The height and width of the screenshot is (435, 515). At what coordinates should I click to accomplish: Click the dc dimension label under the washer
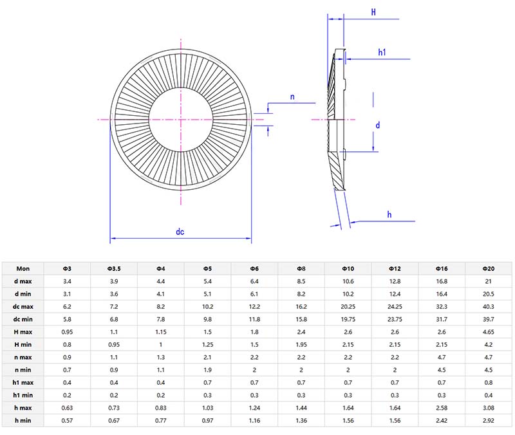[x=180, y=232]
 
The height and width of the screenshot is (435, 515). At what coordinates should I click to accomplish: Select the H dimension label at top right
[x=373, y=12]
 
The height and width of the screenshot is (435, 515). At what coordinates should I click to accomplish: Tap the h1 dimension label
[x=382, y=52]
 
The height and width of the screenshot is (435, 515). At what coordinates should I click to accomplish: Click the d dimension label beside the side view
[x=378, y=125]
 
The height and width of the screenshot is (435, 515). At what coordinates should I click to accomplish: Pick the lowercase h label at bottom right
[x=389, y=214]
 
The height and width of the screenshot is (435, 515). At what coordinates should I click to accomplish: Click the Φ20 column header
[x=488, y=268]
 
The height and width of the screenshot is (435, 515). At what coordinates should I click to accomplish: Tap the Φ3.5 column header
[x=114, y=268]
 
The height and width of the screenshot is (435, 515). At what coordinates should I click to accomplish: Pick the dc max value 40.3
[x=488, y=306]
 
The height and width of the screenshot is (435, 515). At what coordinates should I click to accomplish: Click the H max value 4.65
[x=488, y=331]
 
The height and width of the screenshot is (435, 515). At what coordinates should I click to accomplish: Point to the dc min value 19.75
[x=348, y=319]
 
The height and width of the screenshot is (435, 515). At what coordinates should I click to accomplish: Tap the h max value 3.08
[x=488, y=407]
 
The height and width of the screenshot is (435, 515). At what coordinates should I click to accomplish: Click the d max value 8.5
[x=301, y=281]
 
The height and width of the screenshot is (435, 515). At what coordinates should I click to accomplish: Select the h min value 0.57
[x=67, y=420]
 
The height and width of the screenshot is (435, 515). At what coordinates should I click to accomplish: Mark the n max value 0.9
[x=67, y=357]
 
